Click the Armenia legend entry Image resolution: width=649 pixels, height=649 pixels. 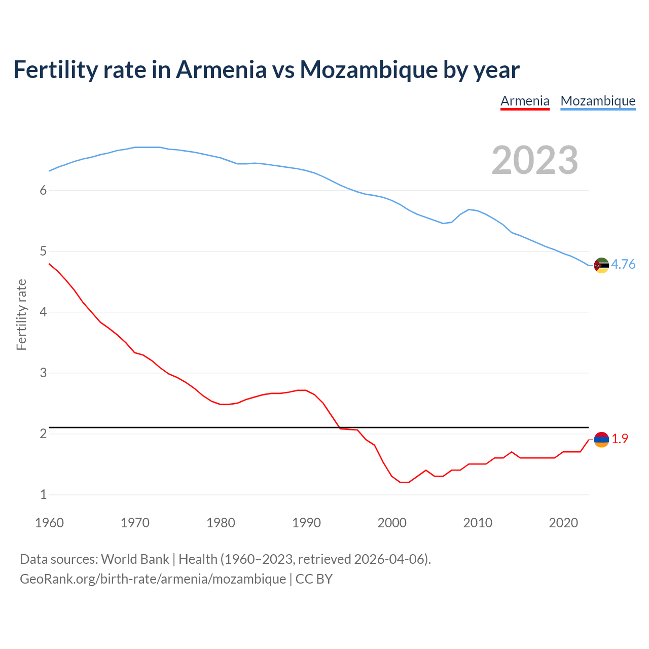(x=525, y=101)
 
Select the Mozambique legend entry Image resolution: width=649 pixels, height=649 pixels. (x=598, y=101)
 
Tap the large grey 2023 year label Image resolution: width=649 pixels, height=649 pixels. (x=534, y=160)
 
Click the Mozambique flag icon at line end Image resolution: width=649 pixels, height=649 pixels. (x=601, y=265)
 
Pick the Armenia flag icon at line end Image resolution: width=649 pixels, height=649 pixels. (x=601, y=440)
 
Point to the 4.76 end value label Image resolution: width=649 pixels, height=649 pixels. (x=623, y=265)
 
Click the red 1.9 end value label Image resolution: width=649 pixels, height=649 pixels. (x=620, y=439)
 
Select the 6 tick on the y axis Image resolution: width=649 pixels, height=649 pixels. (x=44, y=190)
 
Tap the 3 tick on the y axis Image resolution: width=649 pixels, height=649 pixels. (x=44, y=373)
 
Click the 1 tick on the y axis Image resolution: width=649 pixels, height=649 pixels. (x=44, y=494)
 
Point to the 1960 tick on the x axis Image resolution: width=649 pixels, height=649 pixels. (x=49, y=523)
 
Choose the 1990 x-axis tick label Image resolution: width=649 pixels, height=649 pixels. (x=306, y=523)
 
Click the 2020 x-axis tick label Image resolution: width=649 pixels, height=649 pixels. (x=563, y=523)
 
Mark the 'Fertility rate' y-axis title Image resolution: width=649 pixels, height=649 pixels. (x=21, y=314)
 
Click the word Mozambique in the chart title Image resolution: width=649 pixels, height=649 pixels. (x=369, y=70)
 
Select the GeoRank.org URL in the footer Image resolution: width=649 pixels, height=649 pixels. (x=153, y=579)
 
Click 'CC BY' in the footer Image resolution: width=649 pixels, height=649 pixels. (x=314, y=579)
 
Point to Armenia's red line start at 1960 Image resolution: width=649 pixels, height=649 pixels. (x=49, y=264)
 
